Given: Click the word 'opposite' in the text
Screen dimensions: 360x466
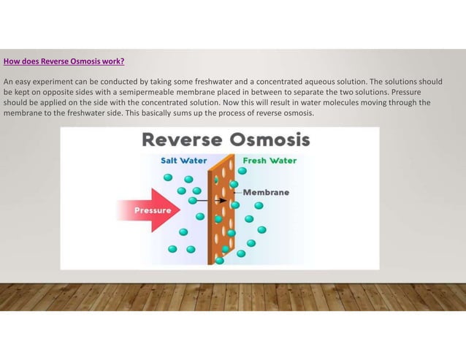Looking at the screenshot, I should click(57, 92).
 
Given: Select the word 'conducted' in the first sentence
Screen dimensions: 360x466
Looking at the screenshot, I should click(99, 81).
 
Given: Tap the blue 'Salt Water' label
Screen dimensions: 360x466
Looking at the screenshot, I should click(183, 160).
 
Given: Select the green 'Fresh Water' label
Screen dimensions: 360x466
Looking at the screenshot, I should click(270, 160).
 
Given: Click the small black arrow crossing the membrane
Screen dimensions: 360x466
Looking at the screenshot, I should click(212, 199).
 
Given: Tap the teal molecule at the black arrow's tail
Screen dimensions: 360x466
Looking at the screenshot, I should click(193, 200).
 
